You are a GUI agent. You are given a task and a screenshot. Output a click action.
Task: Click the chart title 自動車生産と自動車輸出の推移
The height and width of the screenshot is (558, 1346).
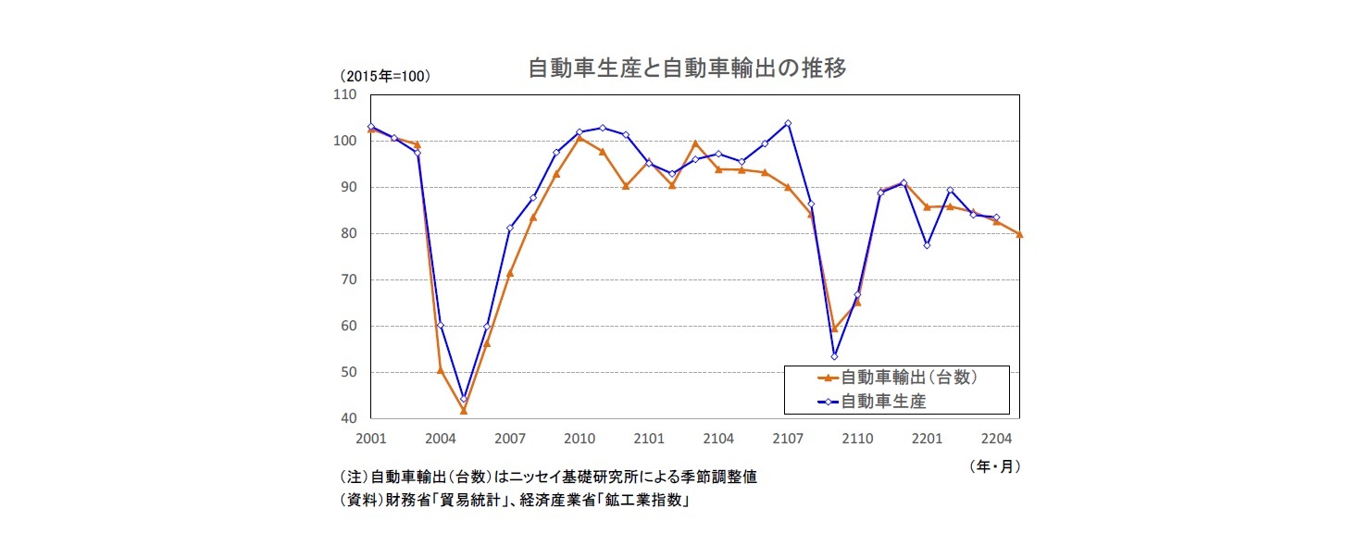(x=686, y=69)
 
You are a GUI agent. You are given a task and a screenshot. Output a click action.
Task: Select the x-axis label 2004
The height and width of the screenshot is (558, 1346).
(x=441, y=438)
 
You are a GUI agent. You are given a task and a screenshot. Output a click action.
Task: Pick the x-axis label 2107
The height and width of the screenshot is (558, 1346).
(x=788, y=438)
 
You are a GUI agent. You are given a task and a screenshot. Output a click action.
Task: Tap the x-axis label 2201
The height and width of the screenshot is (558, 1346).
(x=927, y=438)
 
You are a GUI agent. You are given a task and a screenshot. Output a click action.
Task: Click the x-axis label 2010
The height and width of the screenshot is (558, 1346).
(x=580, y=438)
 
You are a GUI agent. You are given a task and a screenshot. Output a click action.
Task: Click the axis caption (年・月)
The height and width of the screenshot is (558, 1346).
(x=995, y=465)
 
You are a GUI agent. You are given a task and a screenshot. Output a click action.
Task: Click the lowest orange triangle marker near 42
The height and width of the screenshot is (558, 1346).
(x=464, y=410)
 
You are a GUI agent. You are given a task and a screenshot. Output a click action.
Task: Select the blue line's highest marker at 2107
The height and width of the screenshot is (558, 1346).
(x=788, y=123)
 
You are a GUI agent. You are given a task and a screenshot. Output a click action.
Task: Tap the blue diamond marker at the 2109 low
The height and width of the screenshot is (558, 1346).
(x=834, y=356)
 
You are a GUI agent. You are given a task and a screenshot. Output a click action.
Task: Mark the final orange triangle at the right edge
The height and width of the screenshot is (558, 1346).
(x=1019, y=234)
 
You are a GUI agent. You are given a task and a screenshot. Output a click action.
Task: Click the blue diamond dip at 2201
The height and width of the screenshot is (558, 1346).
(x=927, y=245)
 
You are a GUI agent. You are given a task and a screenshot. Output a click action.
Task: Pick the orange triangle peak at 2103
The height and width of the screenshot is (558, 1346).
(x=695, y=143)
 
